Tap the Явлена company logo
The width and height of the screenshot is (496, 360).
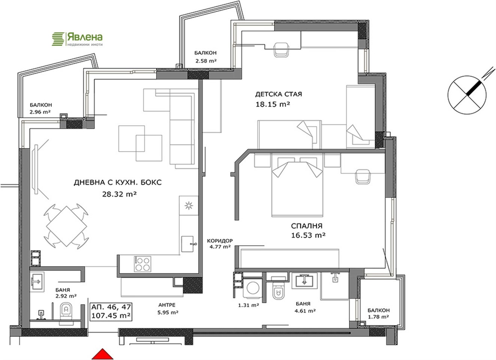[77, 39]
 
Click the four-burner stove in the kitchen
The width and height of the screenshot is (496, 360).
[143, 264]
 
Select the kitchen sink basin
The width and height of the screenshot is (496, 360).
[187, 244]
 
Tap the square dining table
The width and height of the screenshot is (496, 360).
[66, 226]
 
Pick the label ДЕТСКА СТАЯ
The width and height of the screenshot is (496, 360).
[278, 94]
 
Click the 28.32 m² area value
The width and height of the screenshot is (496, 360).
[119, 194]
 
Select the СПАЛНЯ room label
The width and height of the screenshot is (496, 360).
[307, 226]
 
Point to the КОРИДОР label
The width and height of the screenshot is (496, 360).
[220, 240]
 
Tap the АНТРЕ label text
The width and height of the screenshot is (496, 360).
[167, 305]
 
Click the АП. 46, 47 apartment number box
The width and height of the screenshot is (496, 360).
[111, 312]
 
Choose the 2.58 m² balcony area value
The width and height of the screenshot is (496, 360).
[206, 61]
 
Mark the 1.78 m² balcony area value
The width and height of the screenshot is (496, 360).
[379, 317]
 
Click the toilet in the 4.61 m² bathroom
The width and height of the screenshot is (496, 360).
[278, 292]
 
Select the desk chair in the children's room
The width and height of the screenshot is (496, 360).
[281, 50]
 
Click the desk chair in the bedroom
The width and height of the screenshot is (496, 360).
[363, 177]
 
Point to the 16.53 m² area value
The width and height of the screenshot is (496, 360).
[308, 235]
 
